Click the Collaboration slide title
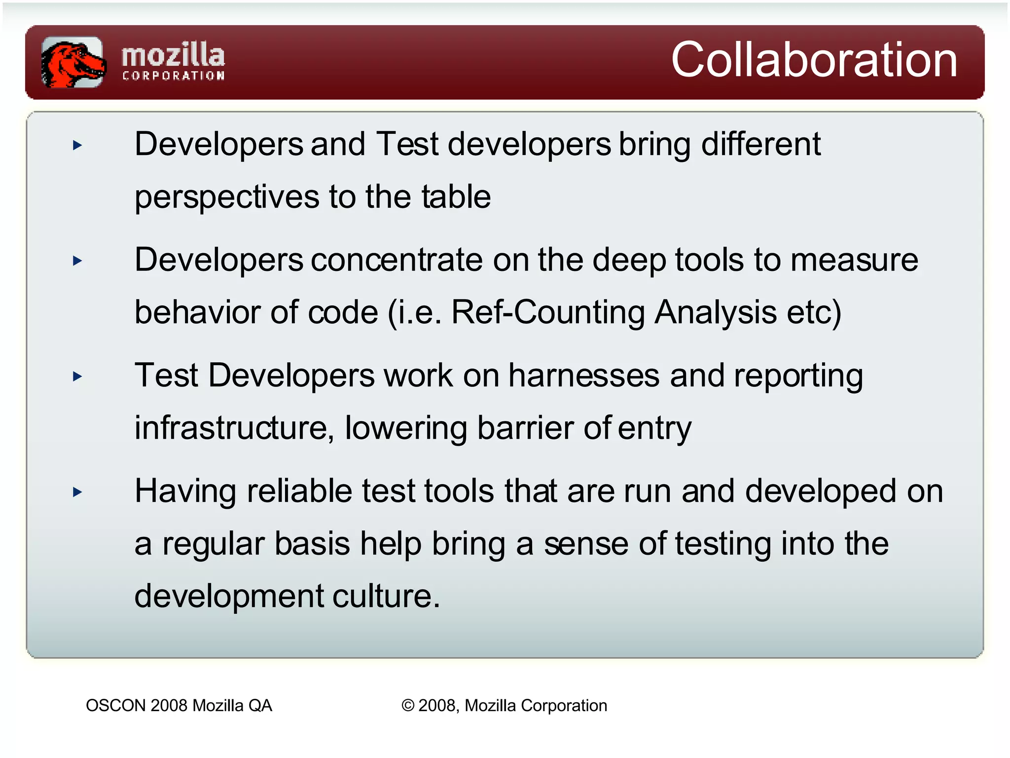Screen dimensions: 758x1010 point(814,60)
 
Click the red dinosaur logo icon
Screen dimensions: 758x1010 point(73,62)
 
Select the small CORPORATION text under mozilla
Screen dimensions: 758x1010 point(173,76)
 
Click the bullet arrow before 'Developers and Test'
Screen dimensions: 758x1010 point(77,145)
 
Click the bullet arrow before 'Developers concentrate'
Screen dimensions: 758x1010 point(77,261)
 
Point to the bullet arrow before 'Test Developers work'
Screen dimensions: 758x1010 point(77,377)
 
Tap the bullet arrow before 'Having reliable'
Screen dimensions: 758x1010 point(77,492)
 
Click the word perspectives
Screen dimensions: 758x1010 point(227,197)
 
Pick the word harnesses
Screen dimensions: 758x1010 point(583,376)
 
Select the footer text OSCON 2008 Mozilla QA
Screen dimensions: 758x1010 point(179,706)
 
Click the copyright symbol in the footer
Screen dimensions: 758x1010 point(408,706)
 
